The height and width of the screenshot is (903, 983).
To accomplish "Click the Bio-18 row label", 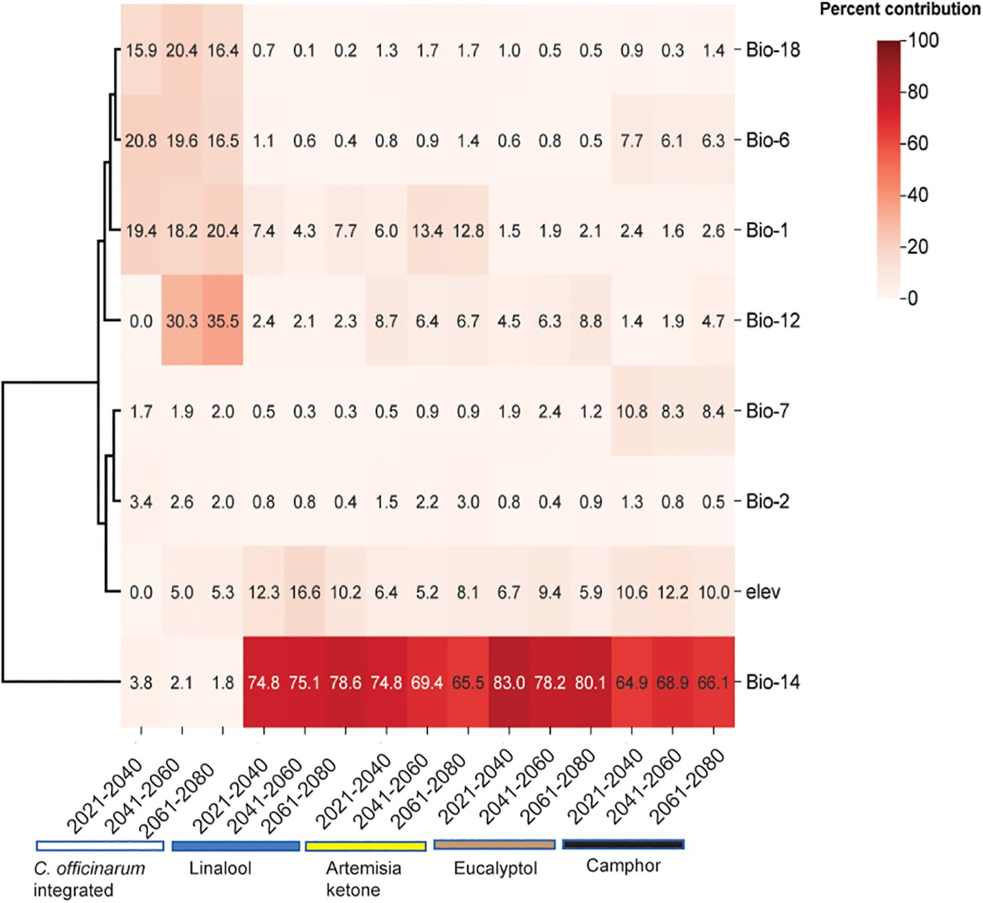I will (773, 50).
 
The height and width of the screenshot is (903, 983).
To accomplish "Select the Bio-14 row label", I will (773, 682).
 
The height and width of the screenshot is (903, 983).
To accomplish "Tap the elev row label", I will (763, 592).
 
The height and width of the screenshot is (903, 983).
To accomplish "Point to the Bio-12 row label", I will (773, 321).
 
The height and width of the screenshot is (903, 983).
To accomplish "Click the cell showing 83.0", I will (509, 682).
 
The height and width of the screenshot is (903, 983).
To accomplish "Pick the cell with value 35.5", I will (222, 321).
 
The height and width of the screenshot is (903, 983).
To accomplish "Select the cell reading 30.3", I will (182, 321).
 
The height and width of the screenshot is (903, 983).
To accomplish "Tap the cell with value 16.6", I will (304, 592).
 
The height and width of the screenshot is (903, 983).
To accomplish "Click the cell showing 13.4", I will (427, 231).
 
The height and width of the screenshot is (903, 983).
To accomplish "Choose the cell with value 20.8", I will (141, 141).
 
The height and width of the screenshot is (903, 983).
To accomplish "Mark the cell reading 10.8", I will (631, 411).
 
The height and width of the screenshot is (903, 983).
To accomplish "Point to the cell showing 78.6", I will (345, 682).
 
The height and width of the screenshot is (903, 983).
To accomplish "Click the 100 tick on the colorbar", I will (924, 41).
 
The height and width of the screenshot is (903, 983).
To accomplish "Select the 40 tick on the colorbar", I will (919, 195).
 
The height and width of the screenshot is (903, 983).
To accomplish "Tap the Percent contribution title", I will (899, 9).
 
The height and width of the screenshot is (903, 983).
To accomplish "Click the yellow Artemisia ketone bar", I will (366, 846).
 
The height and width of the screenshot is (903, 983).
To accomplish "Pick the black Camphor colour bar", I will (623, 844).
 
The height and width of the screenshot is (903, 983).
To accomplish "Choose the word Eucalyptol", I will (495, 868).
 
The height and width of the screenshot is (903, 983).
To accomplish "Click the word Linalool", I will (220, 868).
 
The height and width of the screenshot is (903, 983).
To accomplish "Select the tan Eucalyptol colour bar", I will (494, 844).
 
